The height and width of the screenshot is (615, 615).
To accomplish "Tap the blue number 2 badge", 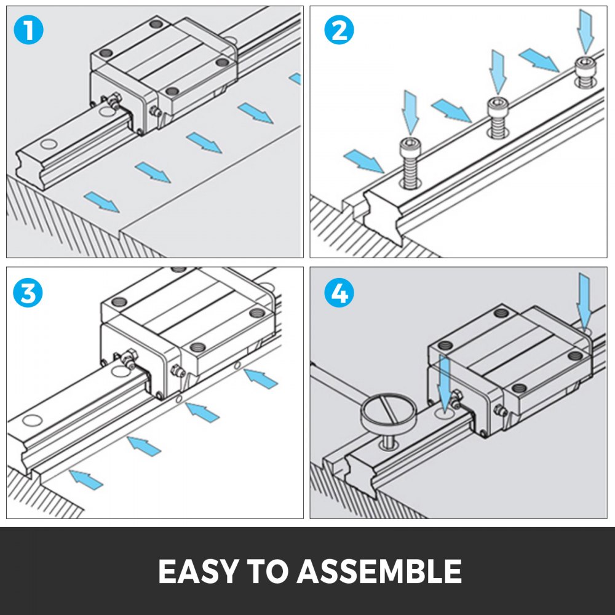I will (x=339, y=30).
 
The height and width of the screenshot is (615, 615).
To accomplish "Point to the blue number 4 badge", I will (x=339, y=294).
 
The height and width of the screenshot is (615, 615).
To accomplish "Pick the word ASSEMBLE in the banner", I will (x=379, y=571).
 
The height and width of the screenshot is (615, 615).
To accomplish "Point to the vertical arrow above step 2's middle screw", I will (x=497, y=71).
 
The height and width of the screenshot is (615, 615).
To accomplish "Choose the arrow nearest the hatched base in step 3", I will (x=86, y=478).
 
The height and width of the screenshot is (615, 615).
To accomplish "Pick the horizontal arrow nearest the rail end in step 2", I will (x=363, y=161).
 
